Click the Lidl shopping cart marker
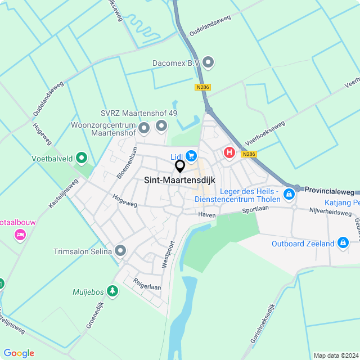click(192, 155)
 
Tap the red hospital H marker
click(229, 152)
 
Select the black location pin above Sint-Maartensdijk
click(180, 166)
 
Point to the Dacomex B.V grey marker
click(208, 62)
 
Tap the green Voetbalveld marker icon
click(82, 158)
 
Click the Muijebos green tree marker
click(113, 291)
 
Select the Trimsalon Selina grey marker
click(120, 251)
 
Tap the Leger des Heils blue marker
click(289, 195)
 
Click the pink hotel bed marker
click(20, 234)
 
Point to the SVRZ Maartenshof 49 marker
click(162, 125)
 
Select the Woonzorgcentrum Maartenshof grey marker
click(144, 129)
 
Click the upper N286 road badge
click(202, 87)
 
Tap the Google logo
click(19, 353)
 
